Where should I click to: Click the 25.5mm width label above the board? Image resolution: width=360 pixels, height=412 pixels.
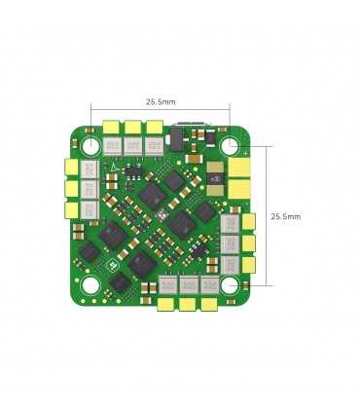pos(161,101)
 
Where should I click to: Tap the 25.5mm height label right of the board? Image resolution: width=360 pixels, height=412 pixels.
pos(285,215)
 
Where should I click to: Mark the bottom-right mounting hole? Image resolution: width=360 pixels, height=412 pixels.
pos(231,285)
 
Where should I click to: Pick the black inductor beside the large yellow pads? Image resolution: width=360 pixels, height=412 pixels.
pos(214,177)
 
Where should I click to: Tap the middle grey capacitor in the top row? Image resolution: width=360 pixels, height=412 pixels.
pos(132,145)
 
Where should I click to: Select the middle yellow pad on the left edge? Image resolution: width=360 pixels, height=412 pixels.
pos(71,188)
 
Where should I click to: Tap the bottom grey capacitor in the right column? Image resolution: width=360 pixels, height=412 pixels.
pos(230,264)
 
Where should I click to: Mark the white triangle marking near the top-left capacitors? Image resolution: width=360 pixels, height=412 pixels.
pos(116,167)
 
